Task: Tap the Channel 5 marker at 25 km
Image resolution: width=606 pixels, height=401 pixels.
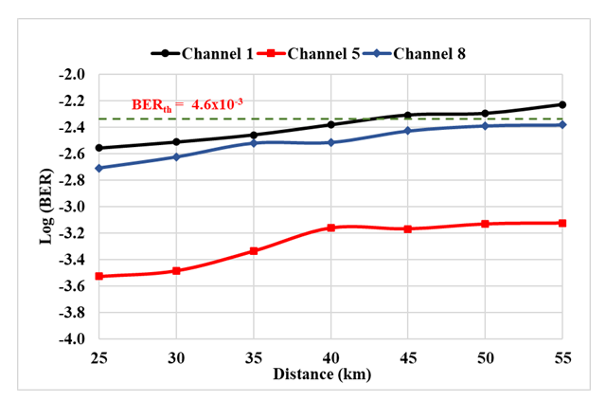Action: click(98, 276)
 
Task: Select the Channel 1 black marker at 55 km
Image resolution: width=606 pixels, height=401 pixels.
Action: click(562, 104)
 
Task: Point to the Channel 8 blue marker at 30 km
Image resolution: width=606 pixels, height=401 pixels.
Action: click(176, 156)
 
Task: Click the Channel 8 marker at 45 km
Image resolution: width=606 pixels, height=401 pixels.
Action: click(408, 131)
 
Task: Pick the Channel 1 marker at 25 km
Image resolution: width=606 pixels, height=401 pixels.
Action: click(98, 148)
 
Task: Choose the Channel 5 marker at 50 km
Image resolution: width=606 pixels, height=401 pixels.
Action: click(485, 224)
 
